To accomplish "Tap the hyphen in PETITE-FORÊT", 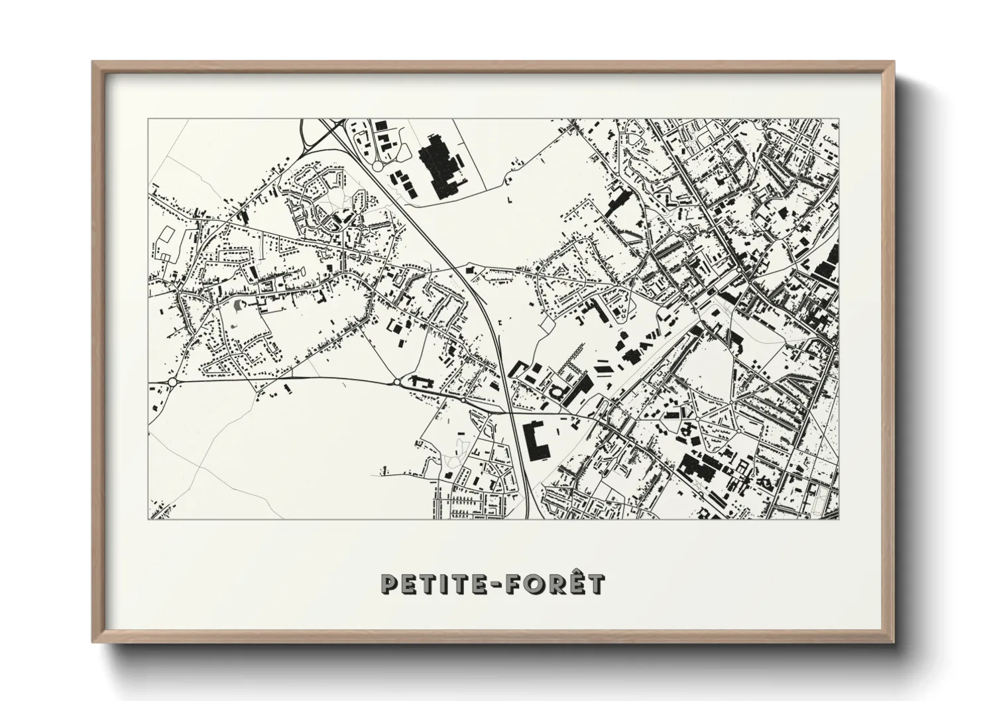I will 504,585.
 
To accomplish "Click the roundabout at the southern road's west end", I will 172,382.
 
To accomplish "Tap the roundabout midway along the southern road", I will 397,382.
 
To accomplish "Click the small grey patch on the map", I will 238,305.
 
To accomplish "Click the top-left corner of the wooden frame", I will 94,63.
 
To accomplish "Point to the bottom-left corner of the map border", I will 149,519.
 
